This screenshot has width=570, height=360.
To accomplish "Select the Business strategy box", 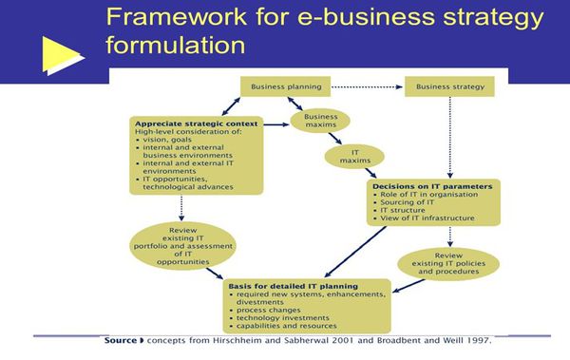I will coord(449,87).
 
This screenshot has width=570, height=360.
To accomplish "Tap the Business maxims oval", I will coord(320,122).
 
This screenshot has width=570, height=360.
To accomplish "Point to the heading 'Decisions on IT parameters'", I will coord(429,187).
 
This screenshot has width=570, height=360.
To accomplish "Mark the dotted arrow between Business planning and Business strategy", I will coord(366,87).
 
